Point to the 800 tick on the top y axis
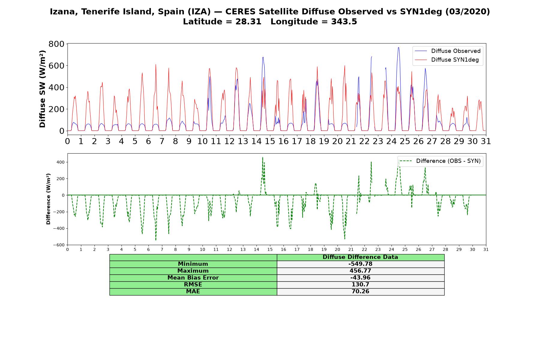[56, 44]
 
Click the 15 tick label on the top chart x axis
[270, 141]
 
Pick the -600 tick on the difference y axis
[59, 245]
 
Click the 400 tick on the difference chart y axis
[61, 162]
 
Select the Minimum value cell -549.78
[360, 264]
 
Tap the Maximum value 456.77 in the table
[360, 271]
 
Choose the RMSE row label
[193, 285]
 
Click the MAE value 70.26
[360, 292]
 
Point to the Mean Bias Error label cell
[193, 278]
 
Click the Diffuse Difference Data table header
[360, 257]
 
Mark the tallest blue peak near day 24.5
[398, 47]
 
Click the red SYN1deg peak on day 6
[156, 64]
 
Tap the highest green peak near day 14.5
[262, 157]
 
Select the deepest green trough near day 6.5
[156, 240]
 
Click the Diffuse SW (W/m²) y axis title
[43, 89]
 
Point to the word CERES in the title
[239, 12]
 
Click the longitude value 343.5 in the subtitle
[344, 22]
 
